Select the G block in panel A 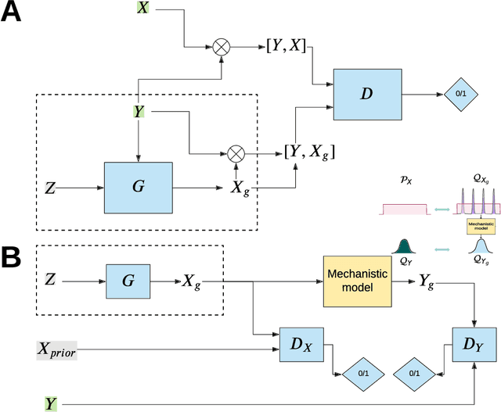click(x=138, y=188)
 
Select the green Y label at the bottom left click(x=52, y=403)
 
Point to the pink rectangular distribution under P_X click(x=404, y=210)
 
